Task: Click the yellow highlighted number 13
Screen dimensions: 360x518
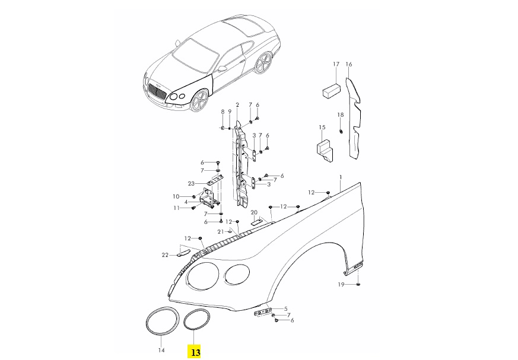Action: (x=195, y=352)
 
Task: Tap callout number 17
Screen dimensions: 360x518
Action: (x=336, y=64)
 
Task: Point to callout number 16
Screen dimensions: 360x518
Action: (x=349, y=64)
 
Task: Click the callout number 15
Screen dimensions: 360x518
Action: (x=322, y=128)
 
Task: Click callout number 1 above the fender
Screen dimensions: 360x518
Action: (x=341, y=177)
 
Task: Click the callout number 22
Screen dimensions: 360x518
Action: (x=166, y=255)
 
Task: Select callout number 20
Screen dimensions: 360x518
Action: (x=253, y=212)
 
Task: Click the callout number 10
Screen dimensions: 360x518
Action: (x=176, y=196)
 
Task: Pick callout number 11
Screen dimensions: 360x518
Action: (x=176, y=208)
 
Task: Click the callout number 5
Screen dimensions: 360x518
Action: (x=286, y=308)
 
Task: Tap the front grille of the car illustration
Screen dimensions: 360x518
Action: (x=157, y=92)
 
